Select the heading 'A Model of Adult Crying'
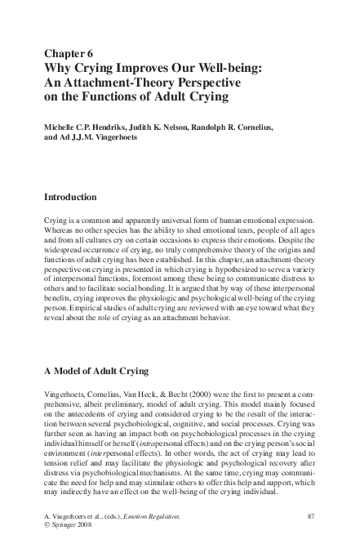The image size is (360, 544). [x=96, y=370]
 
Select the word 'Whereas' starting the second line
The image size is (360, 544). [x=59, y=231]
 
